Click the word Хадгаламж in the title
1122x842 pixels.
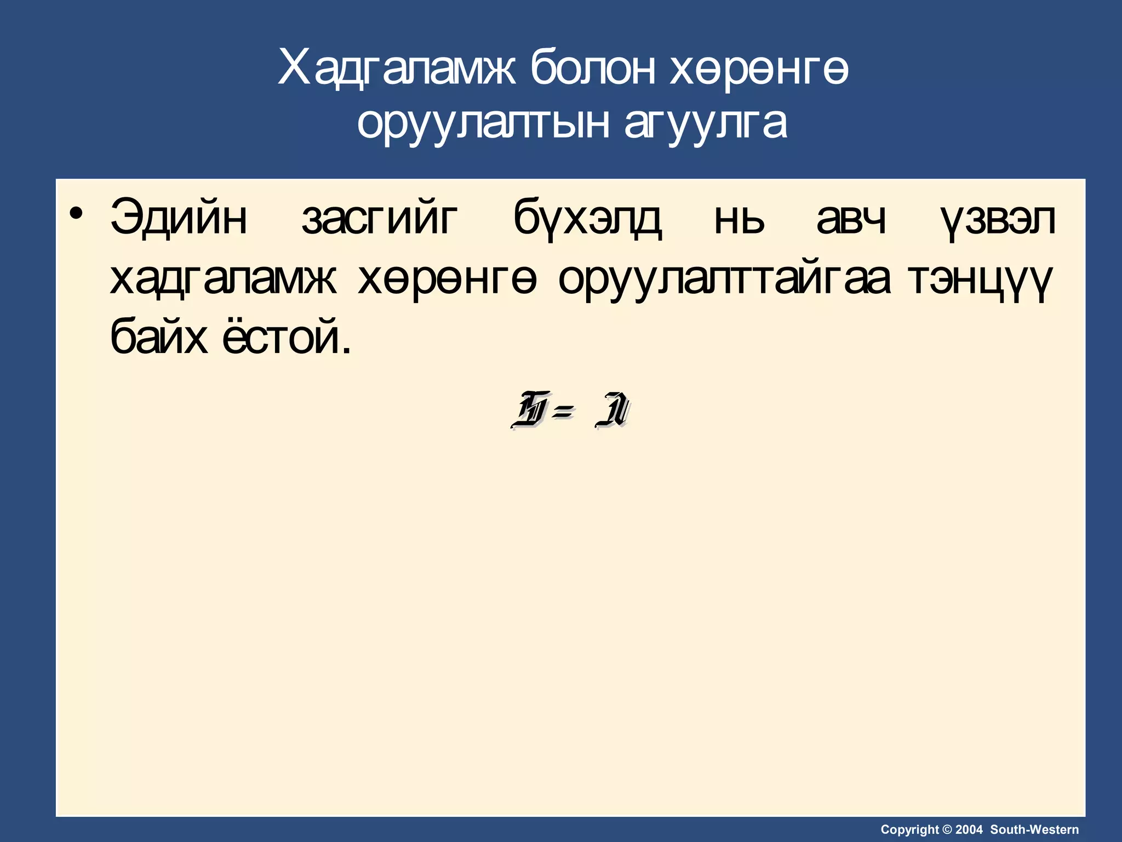[397, 69]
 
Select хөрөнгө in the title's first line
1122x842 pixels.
[759, 69]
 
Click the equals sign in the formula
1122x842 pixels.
[563, 410]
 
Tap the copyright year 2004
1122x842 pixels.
[969, 829]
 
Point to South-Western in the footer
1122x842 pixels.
[1034, 829]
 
